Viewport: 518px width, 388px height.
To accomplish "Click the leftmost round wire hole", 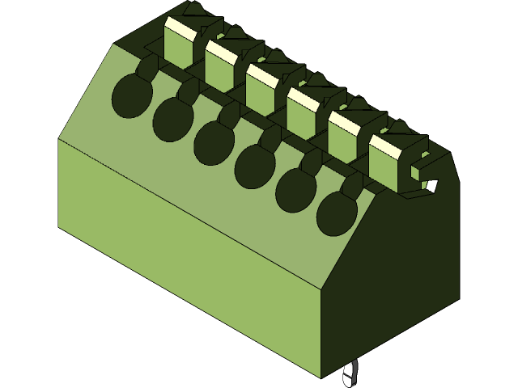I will coord(129,95).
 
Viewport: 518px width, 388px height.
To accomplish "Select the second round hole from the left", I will coord(172,118).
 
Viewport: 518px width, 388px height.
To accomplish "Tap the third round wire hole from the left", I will coord(213,142).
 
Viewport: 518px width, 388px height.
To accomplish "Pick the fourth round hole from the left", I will coord(254,166).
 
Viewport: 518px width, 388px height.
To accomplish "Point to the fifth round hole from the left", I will coord(295,190).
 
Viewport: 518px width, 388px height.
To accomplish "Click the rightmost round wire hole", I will coord(337,213).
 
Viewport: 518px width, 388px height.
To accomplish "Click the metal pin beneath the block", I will coord(350,374).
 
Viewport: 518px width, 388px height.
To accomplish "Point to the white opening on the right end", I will coord(431,187).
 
